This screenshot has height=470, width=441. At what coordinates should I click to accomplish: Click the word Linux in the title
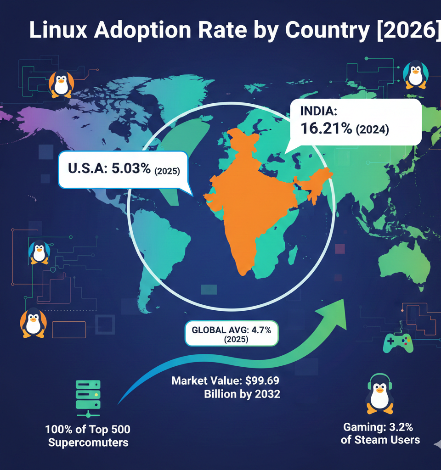click(x=62, y=30)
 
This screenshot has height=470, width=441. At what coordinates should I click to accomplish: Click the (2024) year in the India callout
click(x=372, y=130)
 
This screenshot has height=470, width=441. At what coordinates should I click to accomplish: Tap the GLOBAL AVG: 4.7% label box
click(x=231, y=333)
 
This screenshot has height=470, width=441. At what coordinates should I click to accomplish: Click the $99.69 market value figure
click(x=260, y=381)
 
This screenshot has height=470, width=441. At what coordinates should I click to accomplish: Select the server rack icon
click(x=88, y=397)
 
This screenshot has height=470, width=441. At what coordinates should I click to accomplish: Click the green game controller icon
click(x=398, y=342)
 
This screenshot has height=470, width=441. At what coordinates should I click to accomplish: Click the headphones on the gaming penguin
click(x=380, y=381)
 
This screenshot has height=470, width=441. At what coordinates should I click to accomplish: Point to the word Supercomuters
click(x=88, y=443)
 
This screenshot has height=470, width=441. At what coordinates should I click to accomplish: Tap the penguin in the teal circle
click(x=416, y=73)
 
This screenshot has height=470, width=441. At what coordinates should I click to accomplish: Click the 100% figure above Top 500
click(x=59, y=430)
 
